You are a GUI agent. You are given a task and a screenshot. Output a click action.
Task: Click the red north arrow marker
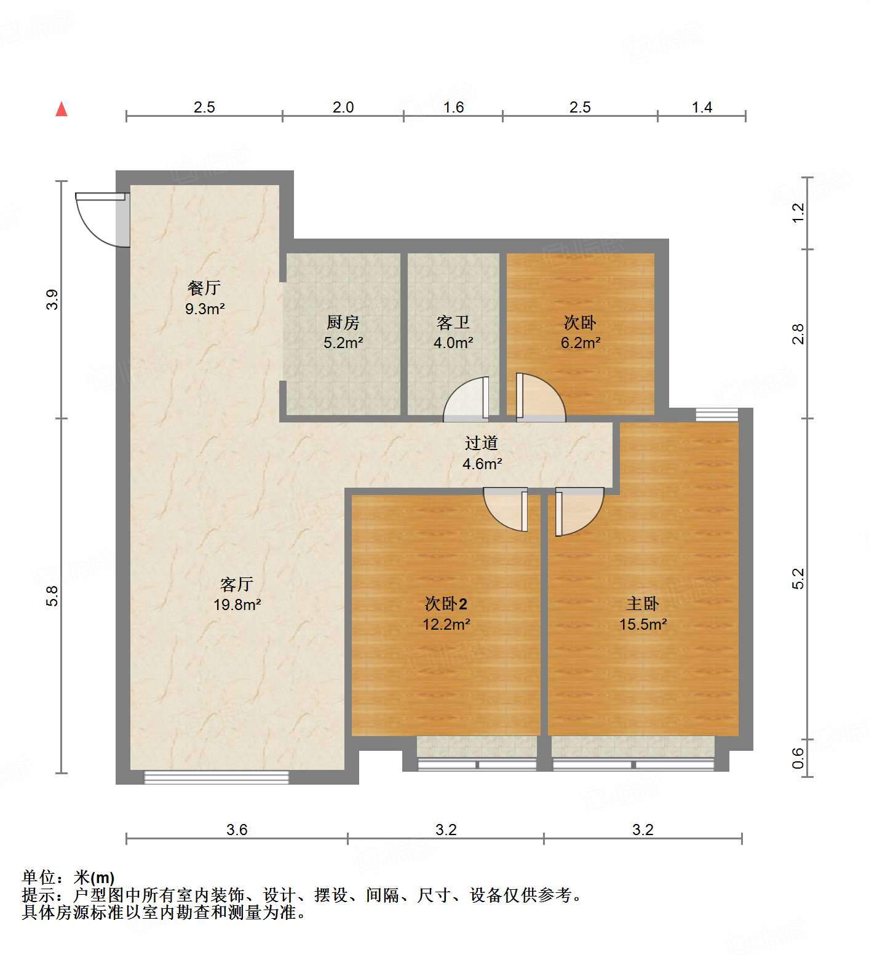tap(62, 109)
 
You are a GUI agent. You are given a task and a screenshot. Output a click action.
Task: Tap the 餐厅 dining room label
tap(204, 287)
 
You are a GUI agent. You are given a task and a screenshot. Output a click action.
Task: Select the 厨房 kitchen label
tap(343, 322)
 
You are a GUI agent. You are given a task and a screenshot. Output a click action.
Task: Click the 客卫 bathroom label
tap(453, 322)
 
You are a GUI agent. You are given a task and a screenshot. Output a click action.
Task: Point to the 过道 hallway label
tap(481, 443)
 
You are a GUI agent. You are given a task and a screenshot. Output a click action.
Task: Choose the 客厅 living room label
tap(237, 584)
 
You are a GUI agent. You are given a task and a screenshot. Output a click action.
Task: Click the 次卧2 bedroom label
tap(446, 604)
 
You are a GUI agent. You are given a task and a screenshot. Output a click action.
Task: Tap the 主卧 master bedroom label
tap(643, 604)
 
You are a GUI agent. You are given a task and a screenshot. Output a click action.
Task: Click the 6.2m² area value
tap(580, 343)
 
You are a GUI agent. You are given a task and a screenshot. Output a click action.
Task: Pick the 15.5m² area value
tap(643, 624)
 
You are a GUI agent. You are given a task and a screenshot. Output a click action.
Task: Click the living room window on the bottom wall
tap(216, 777)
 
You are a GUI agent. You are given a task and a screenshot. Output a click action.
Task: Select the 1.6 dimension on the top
tap(453, 108)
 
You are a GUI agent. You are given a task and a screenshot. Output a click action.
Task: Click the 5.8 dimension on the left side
tap(52, 596)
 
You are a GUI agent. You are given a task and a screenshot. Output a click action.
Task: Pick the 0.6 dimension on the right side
tap(798, 758)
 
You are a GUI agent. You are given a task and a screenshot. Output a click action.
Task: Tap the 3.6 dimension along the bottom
tap(237, 830)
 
